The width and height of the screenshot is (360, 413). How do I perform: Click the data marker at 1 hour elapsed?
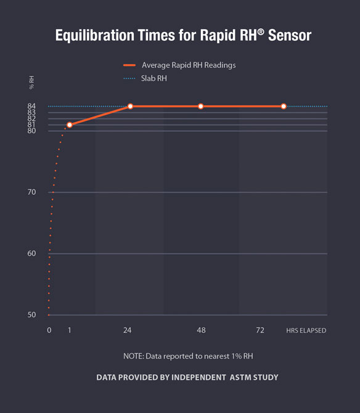pos(70,125)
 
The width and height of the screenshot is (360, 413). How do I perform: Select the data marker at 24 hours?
pos(130,107)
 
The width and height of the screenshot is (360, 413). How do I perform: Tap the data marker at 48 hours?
pos(201,107)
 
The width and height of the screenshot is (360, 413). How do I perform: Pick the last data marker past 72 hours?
pos(284,107)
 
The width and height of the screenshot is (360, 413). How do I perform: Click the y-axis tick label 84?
pos(31,106)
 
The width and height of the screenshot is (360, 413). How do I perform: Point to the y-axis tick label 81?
pos(31,125)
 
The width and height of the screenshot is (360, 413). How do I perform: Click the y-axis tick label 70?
pos(31,192)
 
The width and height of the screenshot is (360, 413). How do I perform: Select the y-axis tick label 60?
pos(31,253)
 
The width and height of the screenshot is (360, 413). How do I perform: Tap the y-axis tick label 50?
pos(31,315)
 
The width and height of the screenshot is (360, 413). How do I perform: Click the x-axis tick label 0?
pos(49,331)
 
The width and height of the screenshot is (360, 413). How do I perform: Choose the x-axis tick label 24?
pos(128,331)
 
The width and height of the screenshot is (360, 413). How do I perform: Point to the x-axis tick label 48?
pos(201,331)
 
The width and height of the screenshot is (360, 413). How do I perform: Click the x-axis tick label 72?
pos(260,331)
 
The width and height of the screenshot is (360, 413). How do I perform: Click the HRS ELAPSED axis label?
pos(306,331)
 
